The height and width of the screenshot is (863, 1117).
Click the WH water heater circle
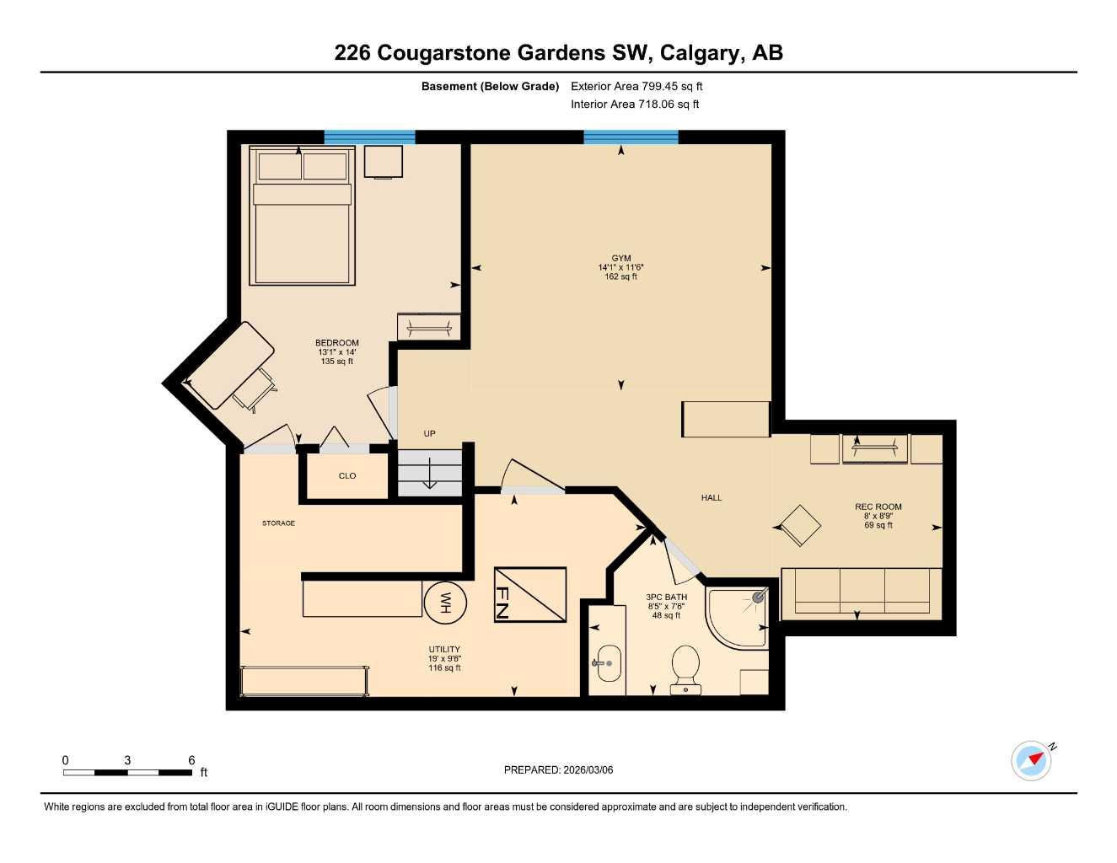445,603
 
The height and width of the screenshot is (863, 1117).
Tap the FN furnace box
529,595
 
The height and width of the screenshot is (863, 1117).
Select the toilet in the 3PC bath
685,667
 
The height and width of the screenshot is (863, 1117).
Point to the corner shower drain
757,597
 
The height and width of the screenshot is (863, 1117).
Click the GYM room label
621,259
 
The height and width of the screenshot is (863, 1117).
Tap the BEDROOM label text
337,343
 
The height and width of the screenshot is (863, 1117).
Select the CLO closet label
347,476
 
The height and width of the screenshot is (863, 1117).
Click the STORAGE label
278,523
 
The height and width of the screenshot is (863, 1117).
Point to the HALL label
712,498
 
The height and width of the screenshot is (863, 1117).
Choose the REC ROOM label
878,507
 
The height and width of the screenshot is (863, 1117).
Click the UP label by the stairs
430,434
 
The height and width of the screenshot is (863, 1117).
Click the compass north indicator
1033,760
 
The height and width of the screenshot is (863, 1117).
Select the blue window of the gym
631,137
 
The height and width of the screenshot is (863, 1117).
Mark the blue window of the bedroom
369,137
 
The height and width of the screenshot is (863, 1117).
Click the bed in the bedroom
302,217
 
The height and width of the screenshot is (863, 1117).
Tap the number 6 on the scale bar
192,760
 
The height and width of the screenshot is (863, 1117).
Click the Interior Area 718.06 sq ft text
635,105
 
